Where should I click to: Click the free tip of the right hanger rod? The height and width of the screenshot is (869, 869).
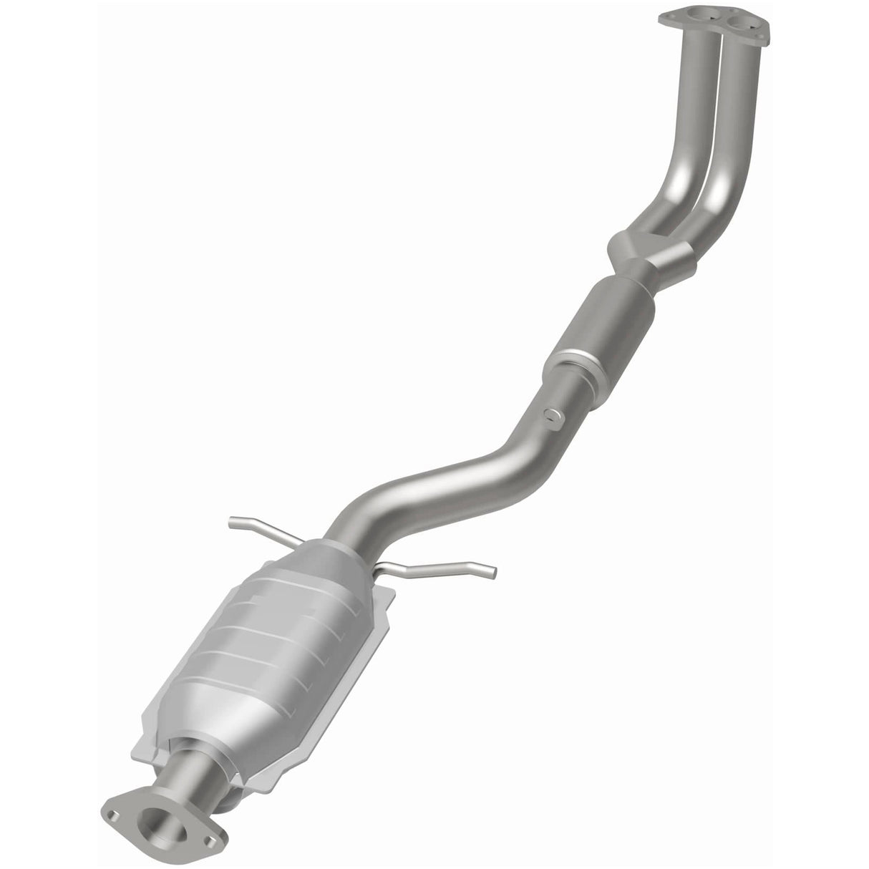pos(492,572)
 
